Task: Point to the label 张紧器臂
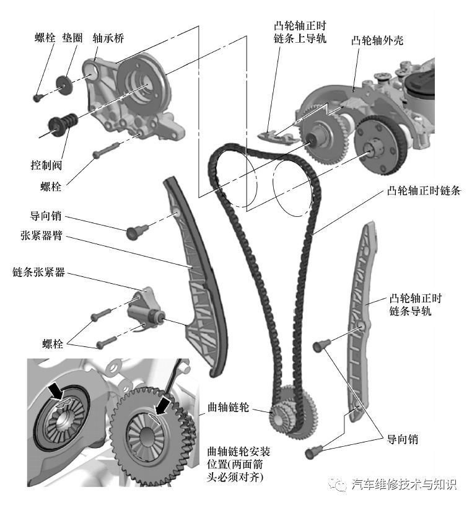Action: [43, 236]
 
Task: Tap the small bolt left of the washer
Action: [37, 97]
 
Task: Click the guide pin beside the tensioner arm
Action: [134, 232]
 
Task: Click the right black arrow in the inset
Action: [164, 406]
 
